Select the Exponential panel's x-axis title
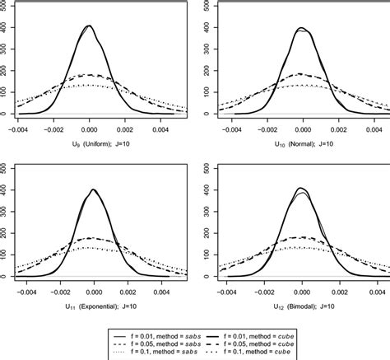pyautogui.click(x=91, y=306)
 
